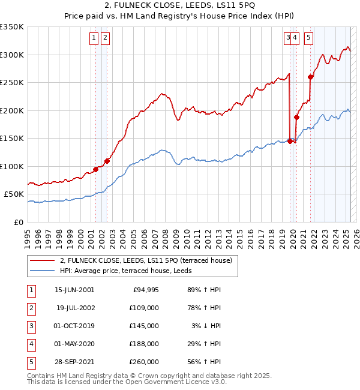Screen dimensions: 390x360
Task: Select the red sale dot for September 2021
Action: pos(310,77)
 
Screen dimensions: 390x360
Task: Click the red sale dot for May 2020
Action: pos(296,117)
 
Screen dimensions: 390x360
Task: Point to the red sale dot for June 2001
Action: pos(95,169)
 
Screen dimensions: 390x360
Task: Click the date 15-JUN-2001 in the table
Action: pos(74,290)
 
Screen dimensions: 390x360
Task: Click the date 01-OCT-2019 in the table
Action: pos(74,326)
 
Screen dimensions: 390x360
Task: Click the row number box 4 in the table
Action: pos(31,344)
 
